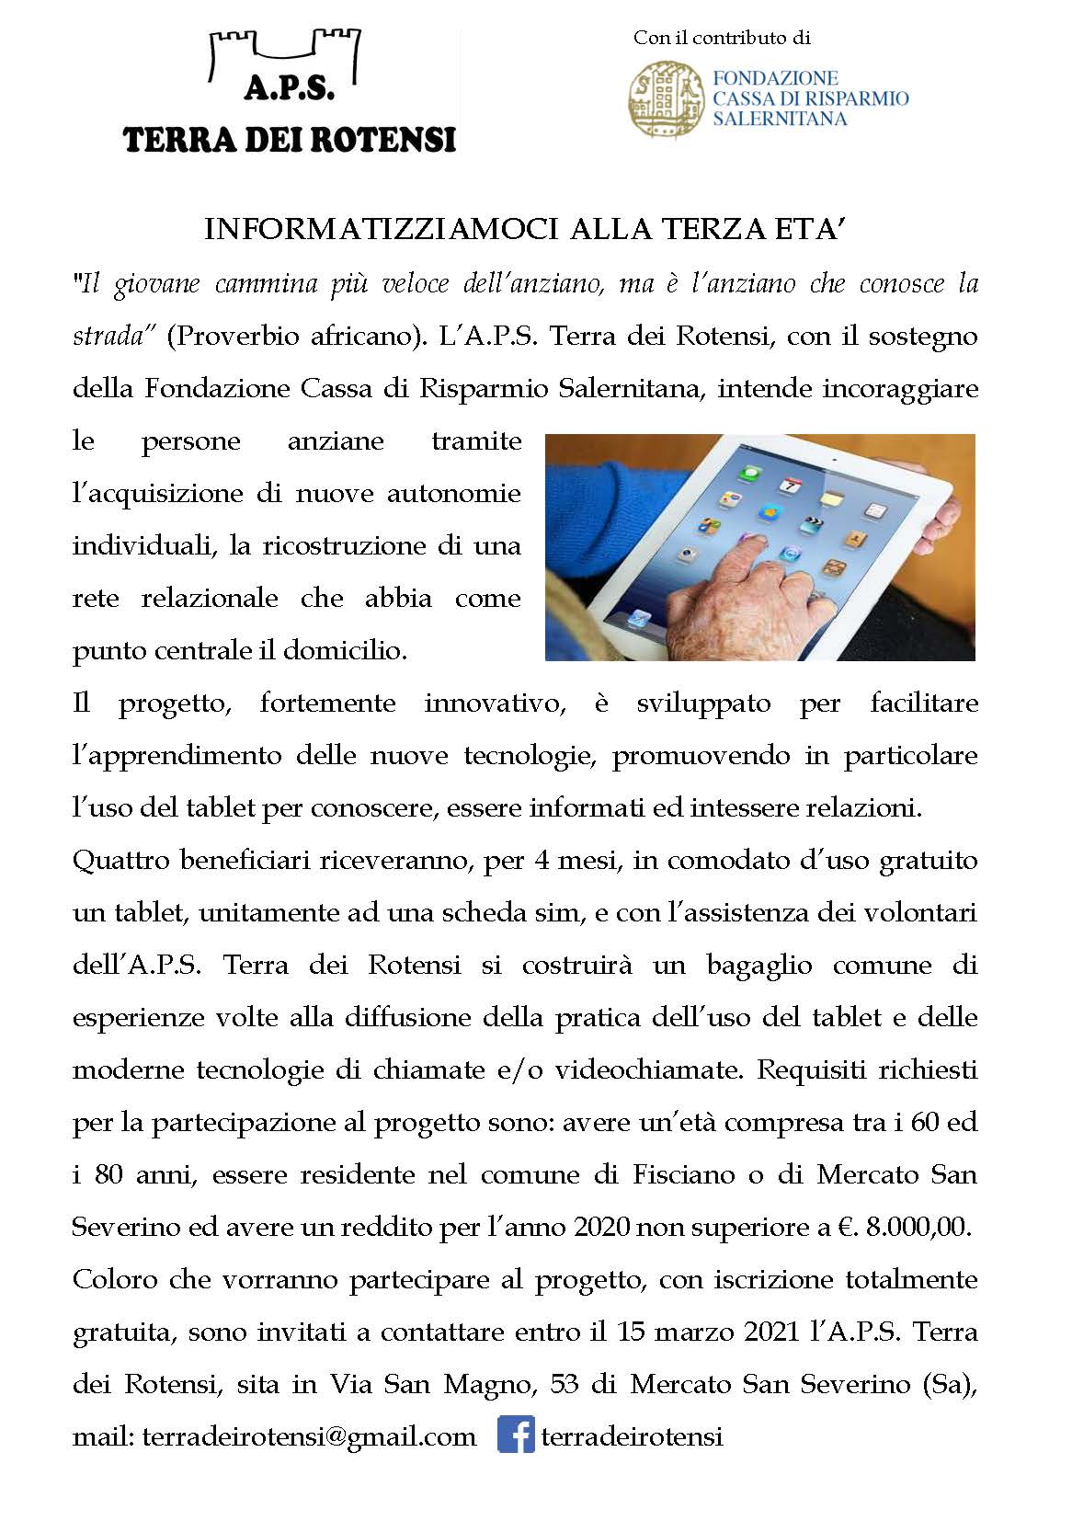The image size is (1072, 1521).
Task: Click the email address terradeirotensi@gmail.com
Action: click(309, 1436)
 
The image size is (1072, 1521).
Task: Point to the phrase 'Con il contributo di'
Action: click(722, 38)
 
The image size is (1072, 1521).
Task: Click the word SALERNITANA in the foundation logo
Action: click(780, 119)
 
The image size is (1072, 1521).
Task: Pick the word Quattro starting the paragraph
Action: click(120, 861)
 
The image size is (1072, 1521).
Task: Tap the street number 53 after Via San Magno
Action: click(564, 1384)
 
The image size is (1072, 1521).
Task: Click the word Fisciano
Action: click(683, 1174)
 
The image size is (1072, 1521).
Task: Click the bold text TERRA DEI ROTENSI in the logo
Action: click(289, 140)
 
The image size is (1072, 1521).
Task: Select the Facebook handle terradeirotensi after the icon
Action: click(632, 1436)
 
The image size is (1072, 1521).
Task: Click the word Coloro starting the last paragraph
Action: click(115, 1279)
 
